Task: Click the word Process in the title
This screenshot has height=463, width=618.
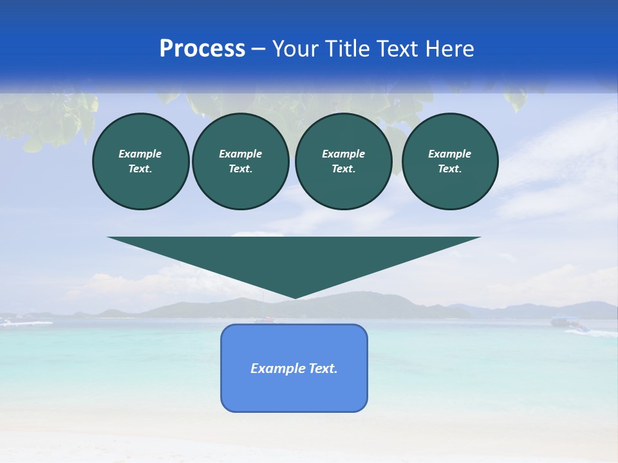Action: tap(202, 48)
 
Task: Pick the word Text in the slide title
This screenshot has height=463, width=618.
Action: tap(399, 49)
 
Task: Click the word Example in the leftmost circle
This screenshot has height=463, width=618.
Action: tap(140, 154)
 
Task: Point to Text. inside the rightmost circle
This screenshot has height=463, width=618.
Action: tap(449, 168)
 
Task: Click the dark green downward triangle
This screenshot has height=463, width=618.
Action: tap(294, 257)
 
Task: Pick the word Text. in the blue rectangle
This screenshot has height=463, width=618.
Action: tap(323, 368)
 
